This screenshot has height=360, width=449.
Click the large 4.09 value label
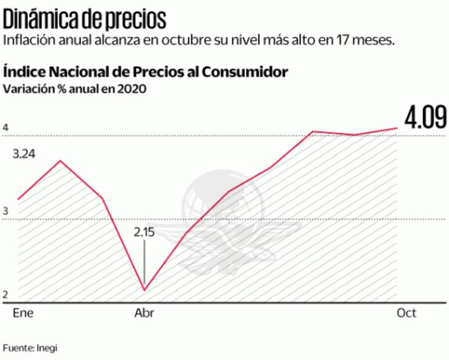click(x=426, y=118)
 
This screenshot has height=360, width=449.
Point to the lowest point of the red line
click(x=144, y=290)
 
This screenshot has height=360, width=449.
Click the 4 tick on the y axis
click(x=5, y=128)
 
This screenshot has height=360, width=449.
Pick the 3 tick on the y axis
click(x=5, y=211)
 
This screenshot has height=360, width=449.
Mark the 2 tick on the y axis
click(x=5, y=295)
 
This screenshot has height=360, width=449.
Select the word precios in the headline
click(x=137, y=20)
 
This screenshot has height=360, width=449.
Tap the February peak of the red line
click(x=60, y=160)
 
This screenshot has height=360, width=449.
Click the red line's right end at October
click(x=397, y=128)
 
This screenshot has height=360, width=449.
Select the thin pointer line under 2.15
click(x=144, y=264)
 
